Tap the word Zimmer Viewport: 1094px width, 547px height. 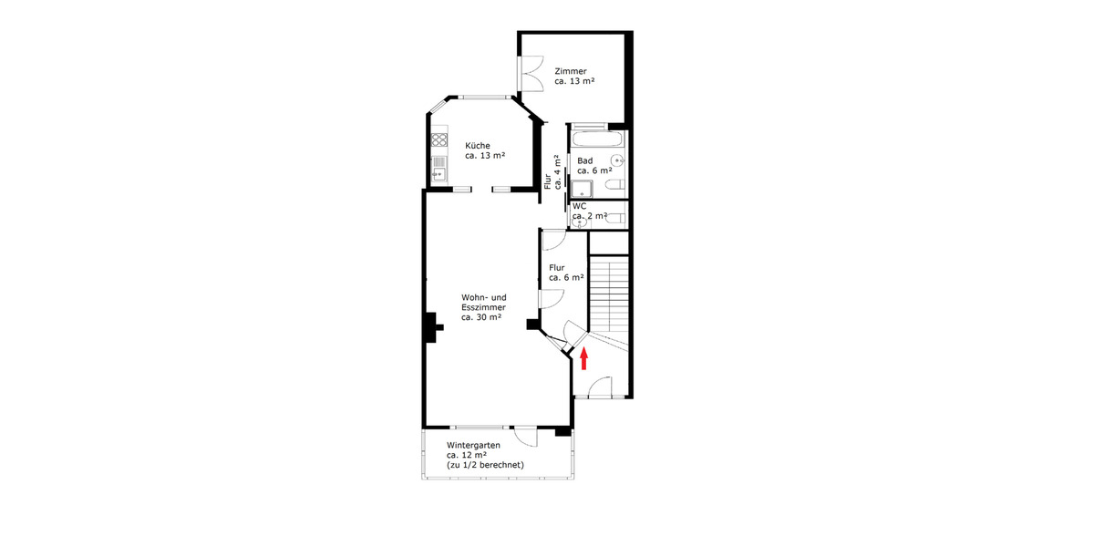coord(571,71)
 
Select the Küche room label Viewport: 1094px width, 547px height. coord(478,146)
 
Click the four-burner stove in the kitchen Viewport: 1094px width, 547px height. coord(439,140)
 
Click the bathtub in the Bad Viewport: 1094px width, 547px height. coord(599,140)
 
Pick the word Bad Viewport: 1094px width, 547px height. coord(584,160)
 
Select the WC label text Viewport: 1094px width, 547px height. coord(580,206)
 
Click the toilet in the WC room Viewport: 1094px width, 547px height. coord(614,217)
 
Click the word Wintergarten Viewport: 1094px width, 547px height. coord(473,445)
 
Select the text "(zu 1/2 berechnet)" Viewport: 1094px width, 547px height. coord(485,465)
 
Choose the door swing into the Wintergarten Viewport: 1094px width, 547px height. coord(526,437)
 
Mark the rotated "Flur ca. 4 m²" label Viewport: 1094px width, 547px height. coord(552,172)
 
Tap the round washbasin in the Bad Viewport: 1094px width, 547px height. coord(617,161)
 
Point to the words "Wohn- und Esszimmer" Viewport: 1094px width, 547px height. coord(483,303)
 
